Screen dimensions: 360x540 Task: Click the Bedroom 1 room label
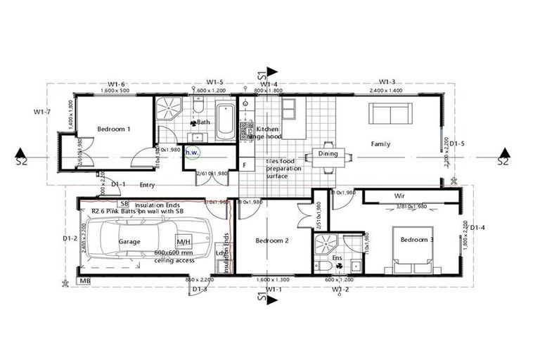(x=113, y=129)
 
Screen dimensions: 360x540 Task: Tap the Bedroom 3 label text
(x=418, y=240)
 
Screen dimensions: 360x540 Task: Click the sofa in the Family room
(x=391, y=115)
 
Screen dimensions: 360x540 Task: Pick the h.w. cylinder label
(x=192, y=151)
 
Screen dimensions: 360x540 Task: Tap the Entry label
(x=147, y=186)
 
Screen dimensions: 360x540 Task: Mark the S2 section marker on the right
(x=502, y=160)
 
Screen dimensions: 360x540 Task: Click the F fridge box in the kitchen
(x=244, y=166)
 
